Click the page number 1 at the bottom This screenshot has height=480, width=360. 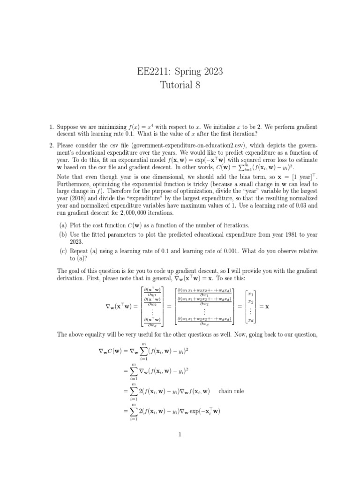[x=180, y=435]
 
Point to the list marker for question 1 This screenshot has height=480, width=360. [x=52, y=127]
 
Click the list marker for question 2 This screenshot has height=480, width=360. [x=52, y=145]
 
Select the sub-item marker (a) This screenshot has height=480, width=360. [x=62, y=225]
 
